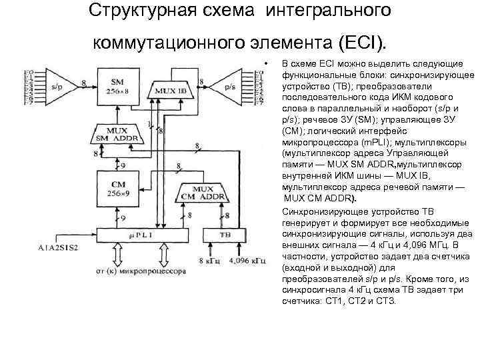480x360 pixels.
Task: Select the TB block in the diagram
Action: (x=225, y=235)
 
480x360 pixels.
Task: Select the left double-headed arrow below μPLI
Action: (x=117, y=254)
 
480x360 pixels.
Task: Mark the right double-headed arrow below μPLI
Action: (x=162, y=254)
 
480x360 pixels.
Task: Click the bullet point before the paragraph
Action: (x=266, y=63)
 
